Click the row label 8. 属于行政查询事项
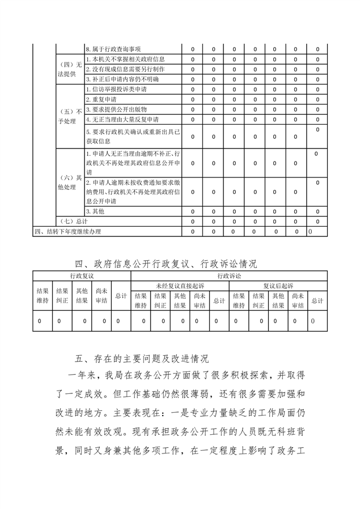coord(113,49)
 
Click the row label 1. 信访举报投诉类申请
coord(116,90)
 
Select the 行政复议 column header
coord(82,275)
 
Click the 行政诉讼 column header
coord(228,275)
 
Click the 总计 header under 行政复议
coord(121,295)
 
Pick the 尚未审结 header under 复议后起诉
coord(298,300)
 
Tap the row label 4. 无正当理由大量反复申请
coord(122,119)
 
